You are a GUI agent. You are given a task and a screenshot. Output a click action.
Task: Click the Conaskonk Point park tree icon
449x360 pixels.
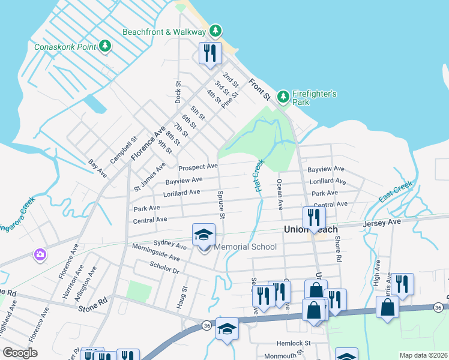(x=105, y=46)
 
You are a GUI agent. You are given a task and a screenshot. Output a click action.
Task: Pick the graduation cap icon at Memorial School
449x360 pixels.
(x=203, y=235)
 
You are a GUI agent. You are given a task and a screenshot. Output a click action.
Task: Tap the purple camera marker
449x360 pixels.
(x=40, y=254)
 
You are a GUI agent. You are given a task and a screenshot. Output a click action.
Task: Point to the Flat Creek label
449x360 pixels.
(x=259, y=175)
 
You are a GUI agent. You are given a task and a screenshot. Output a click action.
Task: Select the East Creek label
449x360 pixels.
(x=396, y=191)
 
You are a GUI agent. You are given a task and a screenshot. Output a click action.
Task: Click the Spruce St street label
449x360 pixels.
(x=221, y=205)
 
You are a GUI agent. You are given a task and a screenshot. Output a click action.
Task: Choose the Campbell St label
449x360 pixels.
(x=120, y=153)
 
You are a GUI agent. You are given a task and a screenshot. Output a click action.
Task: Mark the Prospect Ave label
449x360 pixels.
(x=197, y=166)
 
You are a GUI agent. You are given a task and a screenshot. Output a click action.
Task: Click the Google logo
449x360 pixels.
(x=20, y=352)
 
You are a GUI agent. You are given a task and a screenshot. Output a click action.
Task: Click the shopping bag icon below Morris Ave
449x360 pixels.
(x=388, y=307)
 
